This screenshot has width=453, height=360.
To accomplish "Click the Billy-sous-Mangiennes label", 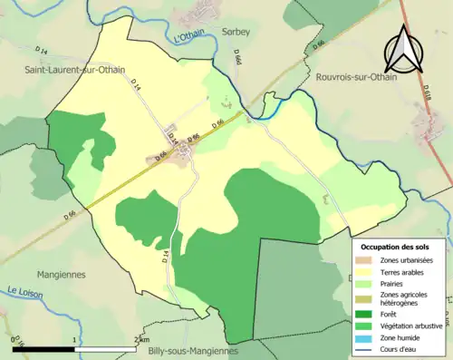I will [192, 351].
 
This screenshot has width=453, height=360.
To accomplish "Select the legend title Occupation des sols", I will [397, 247].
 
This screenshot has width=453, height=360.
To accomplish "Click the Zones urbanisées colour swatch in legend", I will [367, 260].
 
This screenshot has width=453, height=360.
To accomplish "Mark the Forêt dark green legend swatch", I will [367, 314].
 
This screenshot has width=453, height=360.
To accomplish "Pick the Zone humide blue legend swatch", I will [367, 336].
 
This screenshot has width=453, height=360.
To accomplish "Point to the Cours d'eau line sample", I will [367, 348].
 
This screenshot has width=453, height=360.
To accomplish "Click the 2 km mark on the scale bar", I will [138, 339].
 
